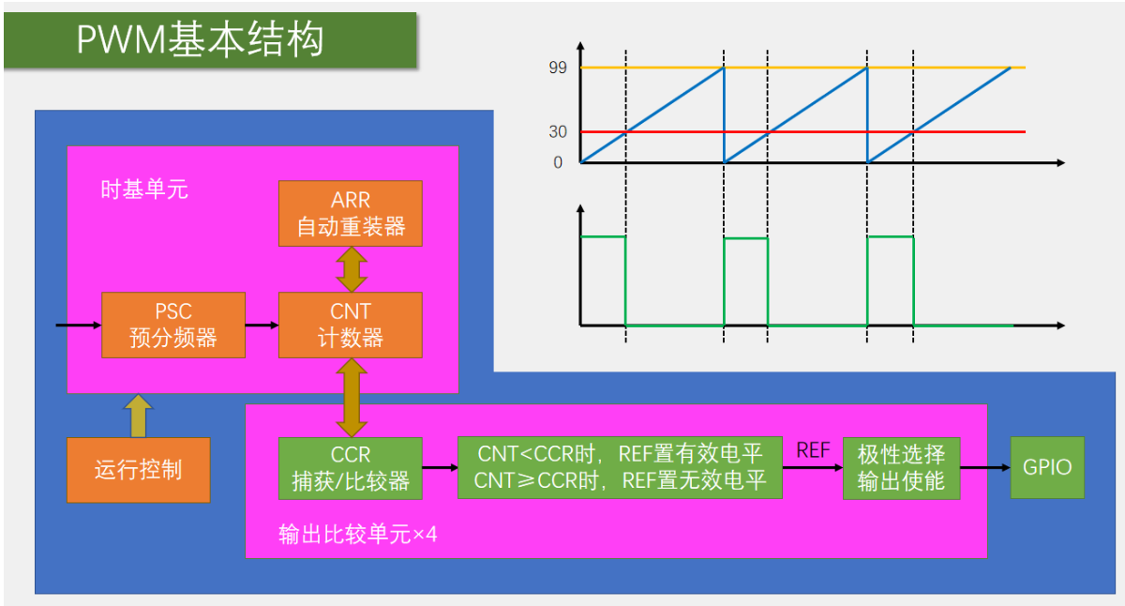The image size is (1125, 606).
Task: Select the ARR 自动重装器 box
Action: (351, 214)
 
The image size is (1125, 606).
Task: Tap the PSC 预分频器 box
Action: (173, 325)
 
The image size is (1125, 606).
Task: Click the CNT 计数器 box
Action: (351, 325)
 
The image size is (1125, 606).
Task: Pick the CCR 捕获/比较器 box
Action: (351, 468)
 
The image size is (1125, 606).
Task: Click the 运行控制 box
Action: (138, 470)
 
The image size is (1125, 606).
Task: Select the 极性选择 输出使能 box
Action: (901, 468)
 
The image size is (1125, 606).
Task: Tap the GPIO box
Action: (1047, 467)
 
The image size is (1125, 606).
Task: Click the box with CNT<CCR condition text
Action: (620, 468)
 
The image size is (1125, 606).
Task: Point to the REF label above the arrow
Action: (813, 450)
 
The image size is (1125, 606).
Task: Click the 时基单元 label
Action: (144, 190)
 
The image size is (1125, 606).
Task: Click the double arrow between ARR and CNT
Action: (352, 269)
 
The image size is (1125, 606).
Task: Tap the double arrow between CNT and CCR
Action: (352, 398)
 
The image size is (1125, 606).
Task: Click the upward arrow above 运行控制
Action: (138, 416)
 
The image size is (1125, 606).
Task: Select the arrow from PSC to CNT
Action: (262, 325)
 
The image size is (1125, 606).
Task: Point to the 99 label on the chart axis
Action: (558, 68)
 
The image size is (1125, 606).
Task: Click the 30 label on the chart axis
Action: (558, 132)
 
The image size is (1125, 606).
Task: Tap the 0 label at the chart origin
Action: (558, 162)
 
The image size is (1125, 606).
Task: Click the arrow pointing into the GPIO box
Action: (984, 467)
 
